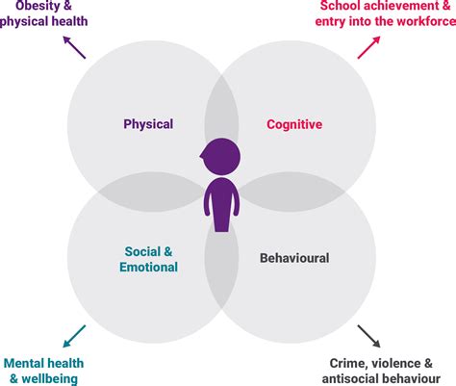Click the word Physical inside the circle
(x=148, y=124)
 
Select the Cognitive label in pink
(x=293, y=124)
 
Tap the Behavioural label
(x=294, y=258)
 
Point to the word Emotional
(x=150, y=267)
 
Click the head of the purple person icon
(x=221, y=157)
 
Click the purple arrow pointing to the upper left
(x=73, y=48)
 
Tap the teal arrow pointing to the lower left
(x=73, y=337)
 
